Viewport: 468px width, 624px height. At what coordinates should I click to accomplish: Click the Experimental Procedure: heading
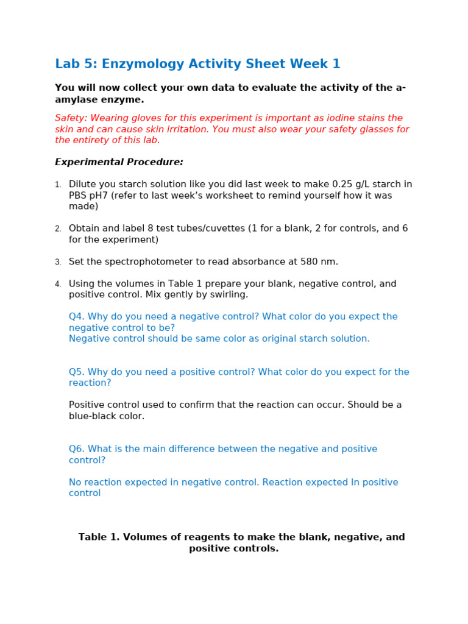point(119,162)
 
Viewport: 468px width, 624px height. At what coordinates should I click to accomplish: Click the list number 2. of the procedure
point(58,229)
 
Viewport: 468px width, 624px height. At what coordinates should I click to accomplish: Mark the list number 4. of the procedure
point(58,285)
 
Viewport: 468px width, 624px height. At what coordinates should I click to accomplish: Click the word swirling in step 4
point(229,295)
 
